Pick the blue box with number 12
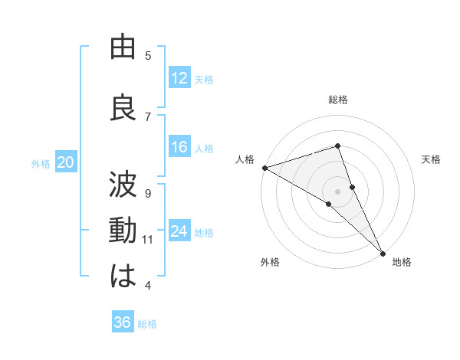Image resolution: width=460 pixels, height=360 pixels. coord(179,78)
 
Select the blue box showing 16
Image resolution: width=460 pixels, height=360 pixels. coord(179,148)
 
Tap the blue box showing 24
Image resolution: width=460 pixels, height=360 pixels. coord(179,232)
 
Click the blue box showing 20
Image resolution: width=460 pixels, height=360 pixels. coord(66,162)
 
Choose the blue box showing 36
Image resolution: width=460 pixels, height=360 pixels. coord(123,322)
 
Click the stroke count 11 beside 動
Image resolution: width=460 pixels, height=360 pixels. coord(148,240)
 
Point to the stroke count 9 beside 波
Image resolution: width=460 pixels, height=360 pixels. coord(148,193)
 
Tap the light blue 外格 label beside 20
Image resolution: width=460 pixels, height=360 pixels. coord(41,163)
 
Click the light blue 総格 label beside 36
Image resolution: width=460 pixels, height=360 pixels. coord(147,324)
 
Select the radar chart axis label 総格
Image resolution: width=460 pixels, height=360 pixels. coord(337,100)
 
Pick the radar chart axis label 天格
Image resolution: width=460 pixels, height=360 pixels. coord(432,159)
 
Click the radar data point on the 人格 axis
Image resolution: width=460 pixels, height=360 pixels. coord(264,168)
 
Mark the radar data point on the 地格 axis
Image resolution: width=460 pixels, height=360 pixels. coord(382,252)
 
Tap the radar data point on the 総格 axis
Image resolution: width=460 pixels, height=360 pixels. coord(337,146)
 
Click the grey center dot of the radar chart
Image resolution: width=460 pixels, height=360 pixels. coord(337,191)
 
